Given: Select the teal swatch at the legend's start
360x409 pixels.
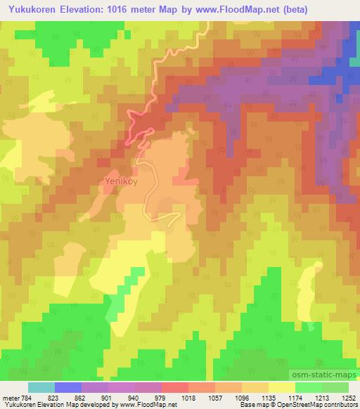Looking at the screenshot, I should click(41, 387).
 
